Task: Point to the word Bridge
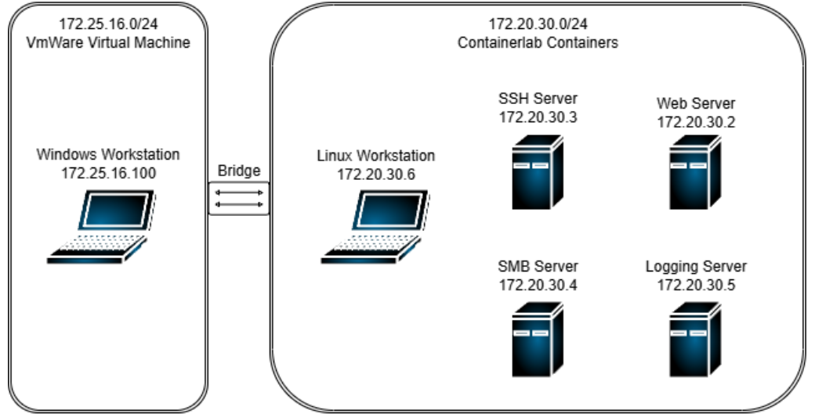point(239,171)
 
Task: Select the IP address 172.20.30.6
point(375,174)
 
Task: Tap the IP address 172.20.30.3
point(538,117)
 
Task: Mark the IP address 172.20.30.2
point(696,121)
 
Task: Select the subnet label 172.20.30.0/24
point(538,24)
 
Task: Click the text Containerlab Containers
point(538,42)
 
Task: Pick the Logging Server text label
point(696,267)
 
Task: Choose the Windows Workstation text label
point(108,154)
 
